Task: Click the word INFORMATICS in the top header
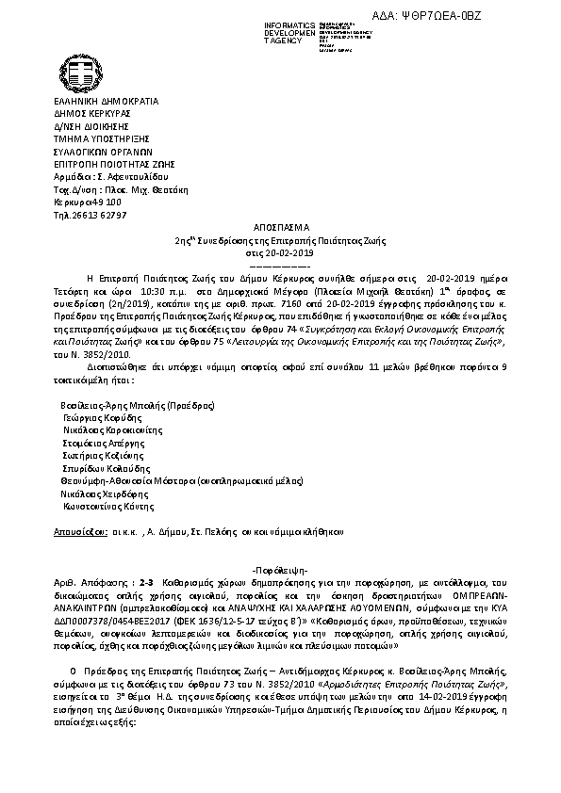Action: tap(290, 23)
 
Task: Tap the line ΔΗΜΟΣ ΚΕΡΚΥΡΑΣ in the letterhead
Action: tap(92, 112)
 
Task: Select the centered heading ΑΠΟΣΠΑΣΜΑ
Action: tap(280, 229)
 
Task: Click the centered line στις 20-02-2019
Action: tap(280, 254)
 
